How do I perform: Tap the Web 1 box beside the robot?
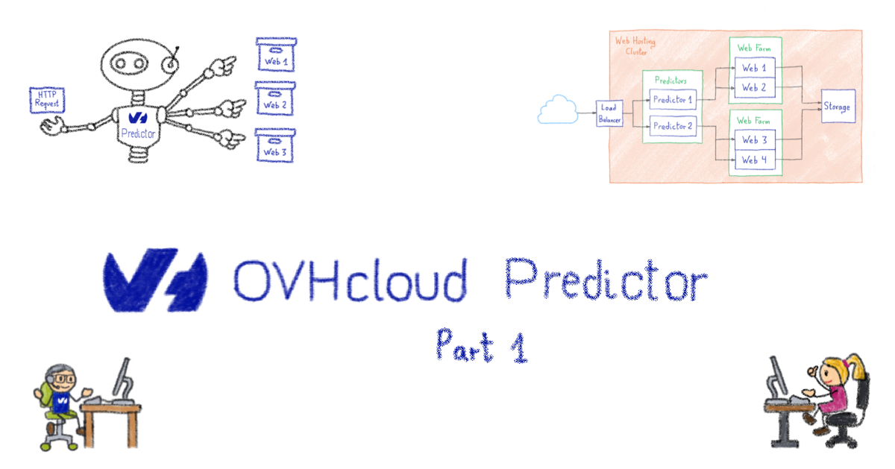click(275, 56)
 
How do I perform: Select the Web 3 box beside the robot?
click(275, 148)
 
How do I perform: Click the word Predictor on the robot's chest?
click(137, 134)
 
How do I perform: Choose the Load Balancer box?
click(609, 113)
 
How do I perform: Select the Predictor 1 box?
click(673, 99)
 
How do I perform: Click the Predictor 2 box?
click(673, 127)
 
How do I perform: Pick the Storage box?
click(836, 107)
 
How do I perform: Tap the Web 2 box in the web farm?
click(754, 88)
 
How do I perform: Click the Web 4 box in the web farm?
click(754, 160)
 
